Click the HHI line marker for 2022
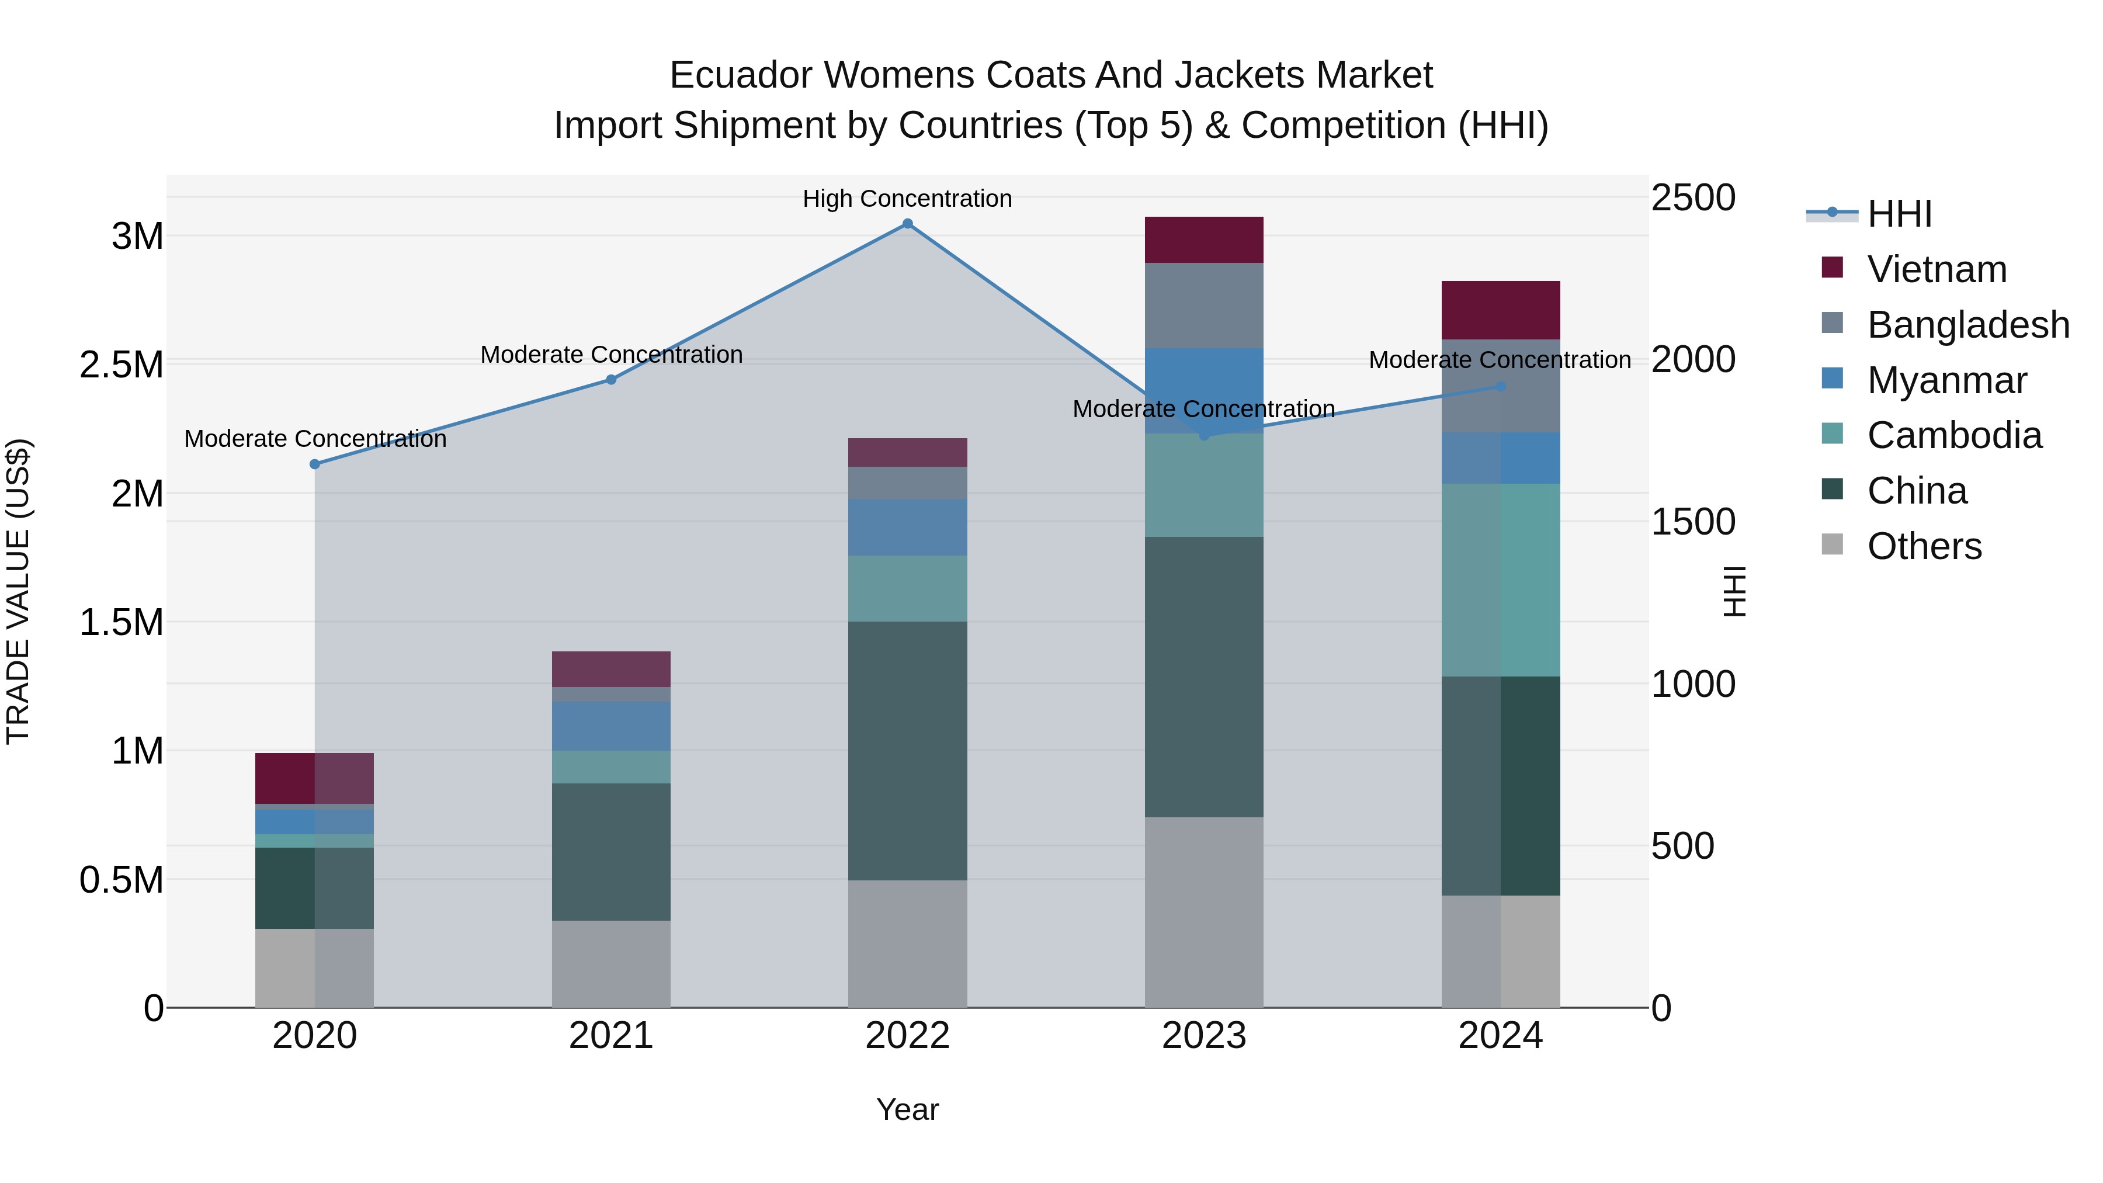907,224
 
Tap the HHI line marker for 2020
315,464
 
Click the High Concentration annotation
907,199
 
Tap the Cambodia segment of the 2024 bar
1501,580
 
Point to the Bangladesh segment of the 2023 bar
1203,306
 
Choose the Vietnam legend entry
1936,269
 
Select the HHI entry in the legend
1899,214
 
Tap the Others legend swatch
1833,544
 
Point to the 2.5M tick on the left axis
122,365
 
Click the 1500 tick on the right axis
1693,522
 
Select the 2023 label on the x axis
1203,1036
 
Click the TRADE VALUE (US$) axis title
18,591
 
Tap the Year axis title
907,1109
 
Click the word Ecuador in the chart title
741,75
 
